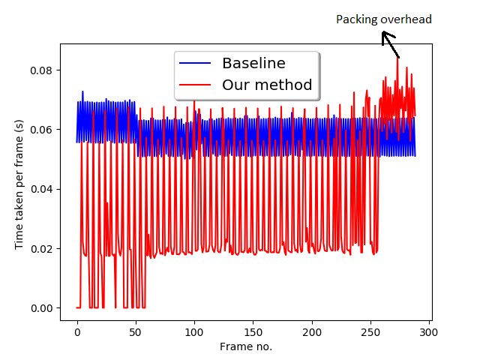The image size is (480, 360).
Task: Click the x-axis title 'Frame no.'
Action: point(245,346)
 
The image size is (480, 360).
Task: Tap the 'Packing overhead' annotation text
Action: point(383,19)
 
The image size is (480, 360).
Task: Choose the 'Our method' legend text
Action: point(266,85)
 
